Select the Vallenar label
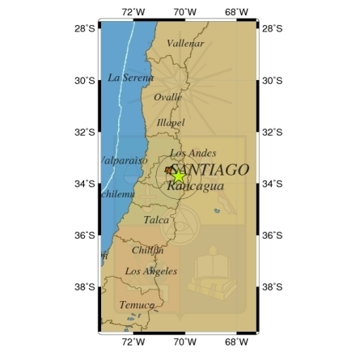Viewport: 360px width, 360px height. point(185,43)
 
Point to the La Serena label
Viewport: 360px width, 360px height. point(130,77)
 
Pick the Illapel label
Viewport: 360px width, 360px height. point(171,122)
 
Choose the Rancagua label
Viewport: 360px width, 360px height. point(195,185)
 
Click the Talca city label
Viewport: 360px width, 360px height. point(157,219)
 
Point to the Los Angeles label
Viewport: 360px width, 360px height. point(151,271)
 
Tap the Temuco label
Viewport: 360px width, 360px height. point(136,305)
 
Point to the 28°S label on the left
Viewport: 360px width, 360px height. point(84,28)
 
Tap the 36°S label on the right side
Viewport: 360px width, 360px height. point(273,235)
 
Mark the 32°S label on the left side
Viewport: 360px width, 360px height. point(84,132)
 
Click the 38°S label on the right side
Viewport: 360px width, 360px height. point(273,287)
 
